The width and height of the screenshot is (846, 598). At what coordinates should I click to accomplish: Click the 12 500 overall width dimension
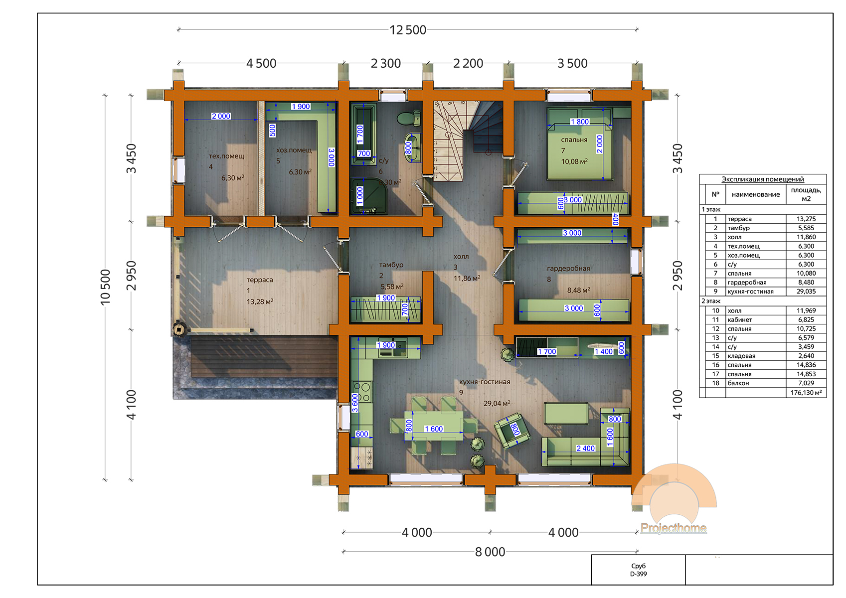pos(407,30)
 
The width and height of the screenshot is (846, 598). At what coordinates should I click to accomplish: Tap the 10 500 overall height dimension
pos(105,288)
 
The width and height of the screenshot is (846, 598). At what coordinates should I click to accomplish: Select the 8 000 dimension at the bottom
pos(490,552)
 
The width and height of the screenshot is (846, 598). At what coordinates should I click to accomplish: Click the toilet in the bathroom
pos(409,118)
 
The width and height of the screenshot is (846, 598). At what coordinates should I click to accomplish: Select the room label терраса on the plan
pos(259,280)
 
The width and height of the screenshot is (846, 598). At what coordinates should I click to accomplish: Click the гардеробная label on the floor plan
pos(568,269)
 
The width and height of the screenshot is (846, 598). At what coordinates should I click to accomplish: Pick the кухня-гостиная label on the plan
pos(485,382)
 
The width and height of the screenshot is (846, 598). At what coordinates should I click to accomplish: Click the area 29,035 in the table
pos(806,292)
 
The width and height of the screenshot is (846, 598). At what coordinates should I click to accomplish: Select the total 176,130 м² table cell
pos(806,393)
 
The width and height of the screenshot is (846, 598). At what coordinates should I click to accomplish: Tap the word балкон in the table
pos(738,383)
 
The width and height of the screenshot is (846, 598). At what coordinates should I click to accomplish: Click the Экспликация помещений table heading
pos(763,179)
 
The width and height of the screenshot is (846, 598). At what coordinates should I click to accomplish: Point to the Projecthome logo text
pos(674,528)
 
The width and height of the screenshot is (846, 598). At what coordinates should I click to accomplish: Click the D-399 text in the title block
pos(638,574)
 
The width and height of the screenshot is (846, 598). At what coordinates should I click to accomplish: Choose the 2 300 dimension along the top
pos(385,63)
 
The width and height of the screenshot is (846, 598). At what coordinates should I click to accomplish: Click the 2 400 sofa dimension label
pos(585,448)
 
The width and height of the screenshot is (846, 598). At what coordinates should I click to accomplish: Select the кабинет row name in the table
pos(740,320)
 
